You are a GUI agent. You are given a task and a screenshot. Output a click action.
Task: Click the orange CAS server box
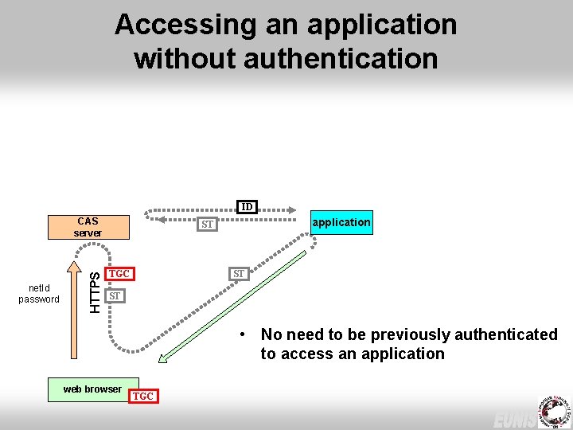(88, 227)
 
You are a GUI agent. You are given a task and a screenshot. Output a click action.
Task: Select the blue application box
(341, 222)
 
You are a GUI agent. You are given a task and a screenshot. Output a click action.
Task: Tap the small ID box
(247, 207)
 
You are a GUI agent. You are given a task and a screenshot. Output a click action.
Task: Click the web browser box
(93, 389)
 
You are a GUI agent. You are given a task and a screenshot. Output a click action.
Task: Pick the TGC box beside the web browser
(143, 396)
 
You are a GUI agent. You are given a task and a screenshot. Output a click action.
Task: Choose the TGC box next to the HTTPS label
(119, 274)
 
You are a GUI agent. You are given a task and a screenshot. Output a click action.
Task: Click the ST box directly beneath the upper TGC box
(115, 296)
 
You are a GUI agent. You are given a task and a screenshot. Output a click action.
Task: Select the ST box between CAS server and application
(208, 225)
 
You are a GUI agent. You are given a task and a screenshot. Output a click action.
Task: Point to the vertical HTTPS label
(95, 291)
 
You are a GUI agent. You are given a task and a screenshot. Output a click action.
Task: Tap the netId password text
(39, 294)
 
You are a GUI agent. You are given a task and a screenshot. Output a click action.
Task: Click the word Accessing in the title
(182, 25)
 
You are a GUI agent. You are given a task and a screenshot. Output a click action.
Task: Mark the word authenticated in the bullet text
(505, 334)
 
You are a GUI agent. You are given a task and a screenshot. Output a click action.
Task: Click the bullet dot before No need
(248, 334)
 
